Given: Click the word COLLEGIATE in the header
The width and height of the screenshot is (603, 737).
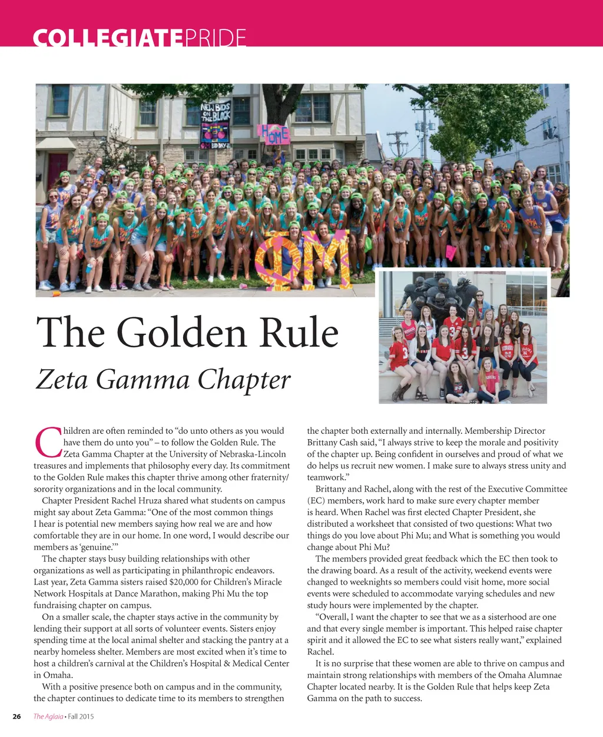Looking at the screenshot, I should pos(108,39).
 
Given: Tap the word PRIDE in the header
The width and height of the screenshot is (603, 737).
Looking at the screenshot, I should pos(215,39).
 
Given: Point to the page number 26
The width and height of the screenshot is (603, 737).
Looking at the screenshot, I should pos(17,716).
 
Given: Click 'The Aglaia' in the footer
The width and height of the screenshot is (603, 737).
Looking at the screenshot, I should pos(48,716).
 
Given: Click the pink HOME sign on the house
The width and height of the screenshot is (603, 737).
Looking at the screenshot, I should pos(274,134).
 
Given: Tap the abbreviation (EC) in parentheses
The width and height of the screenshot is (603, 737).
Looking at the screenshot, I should pos(316,501).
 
